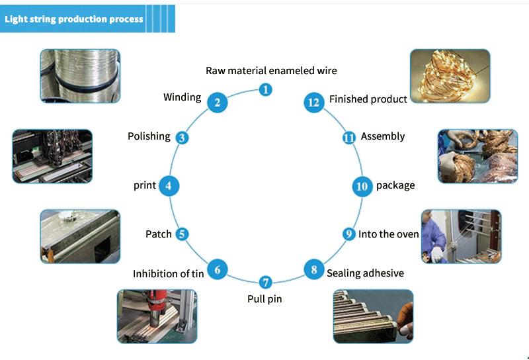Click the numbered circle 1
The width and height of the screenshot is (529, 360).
(265, 89)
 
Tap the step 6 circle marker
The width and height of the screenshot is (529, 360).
(218, 269)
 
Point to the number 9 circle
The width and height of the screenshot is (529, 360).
(349, 234)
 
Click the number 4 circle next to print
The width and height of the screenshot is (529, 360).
(169, 186)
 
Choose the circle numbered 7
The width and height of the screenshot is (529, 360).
(265, 282)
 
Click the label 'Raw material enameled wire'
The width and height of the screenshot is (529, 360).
(271, 71)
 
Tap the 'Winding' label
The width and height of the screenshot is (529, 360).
(182, 97)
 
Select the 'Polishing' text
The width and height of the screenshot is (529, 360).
(149, 136)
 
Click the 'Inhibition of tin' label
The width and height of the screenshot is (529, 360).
(168, 273)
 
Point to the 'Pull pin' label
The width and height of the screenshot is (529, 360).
(264, 299)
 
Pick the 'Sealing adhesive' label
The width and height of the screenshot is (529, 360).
(365, 273)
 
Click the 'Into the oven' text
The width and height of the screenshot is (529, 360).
(389, 234)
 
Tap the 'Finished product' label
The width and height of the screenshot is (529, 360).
(368, 99)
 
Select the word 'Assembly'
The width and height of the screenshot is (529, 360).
(382, 136)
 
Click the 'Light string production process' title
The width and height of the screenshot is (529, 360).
(73, 19)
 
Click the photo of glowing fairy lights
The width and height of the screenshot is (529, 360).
(450, 75)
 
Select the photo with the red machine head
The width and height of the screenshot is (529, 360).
(157, 316)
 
